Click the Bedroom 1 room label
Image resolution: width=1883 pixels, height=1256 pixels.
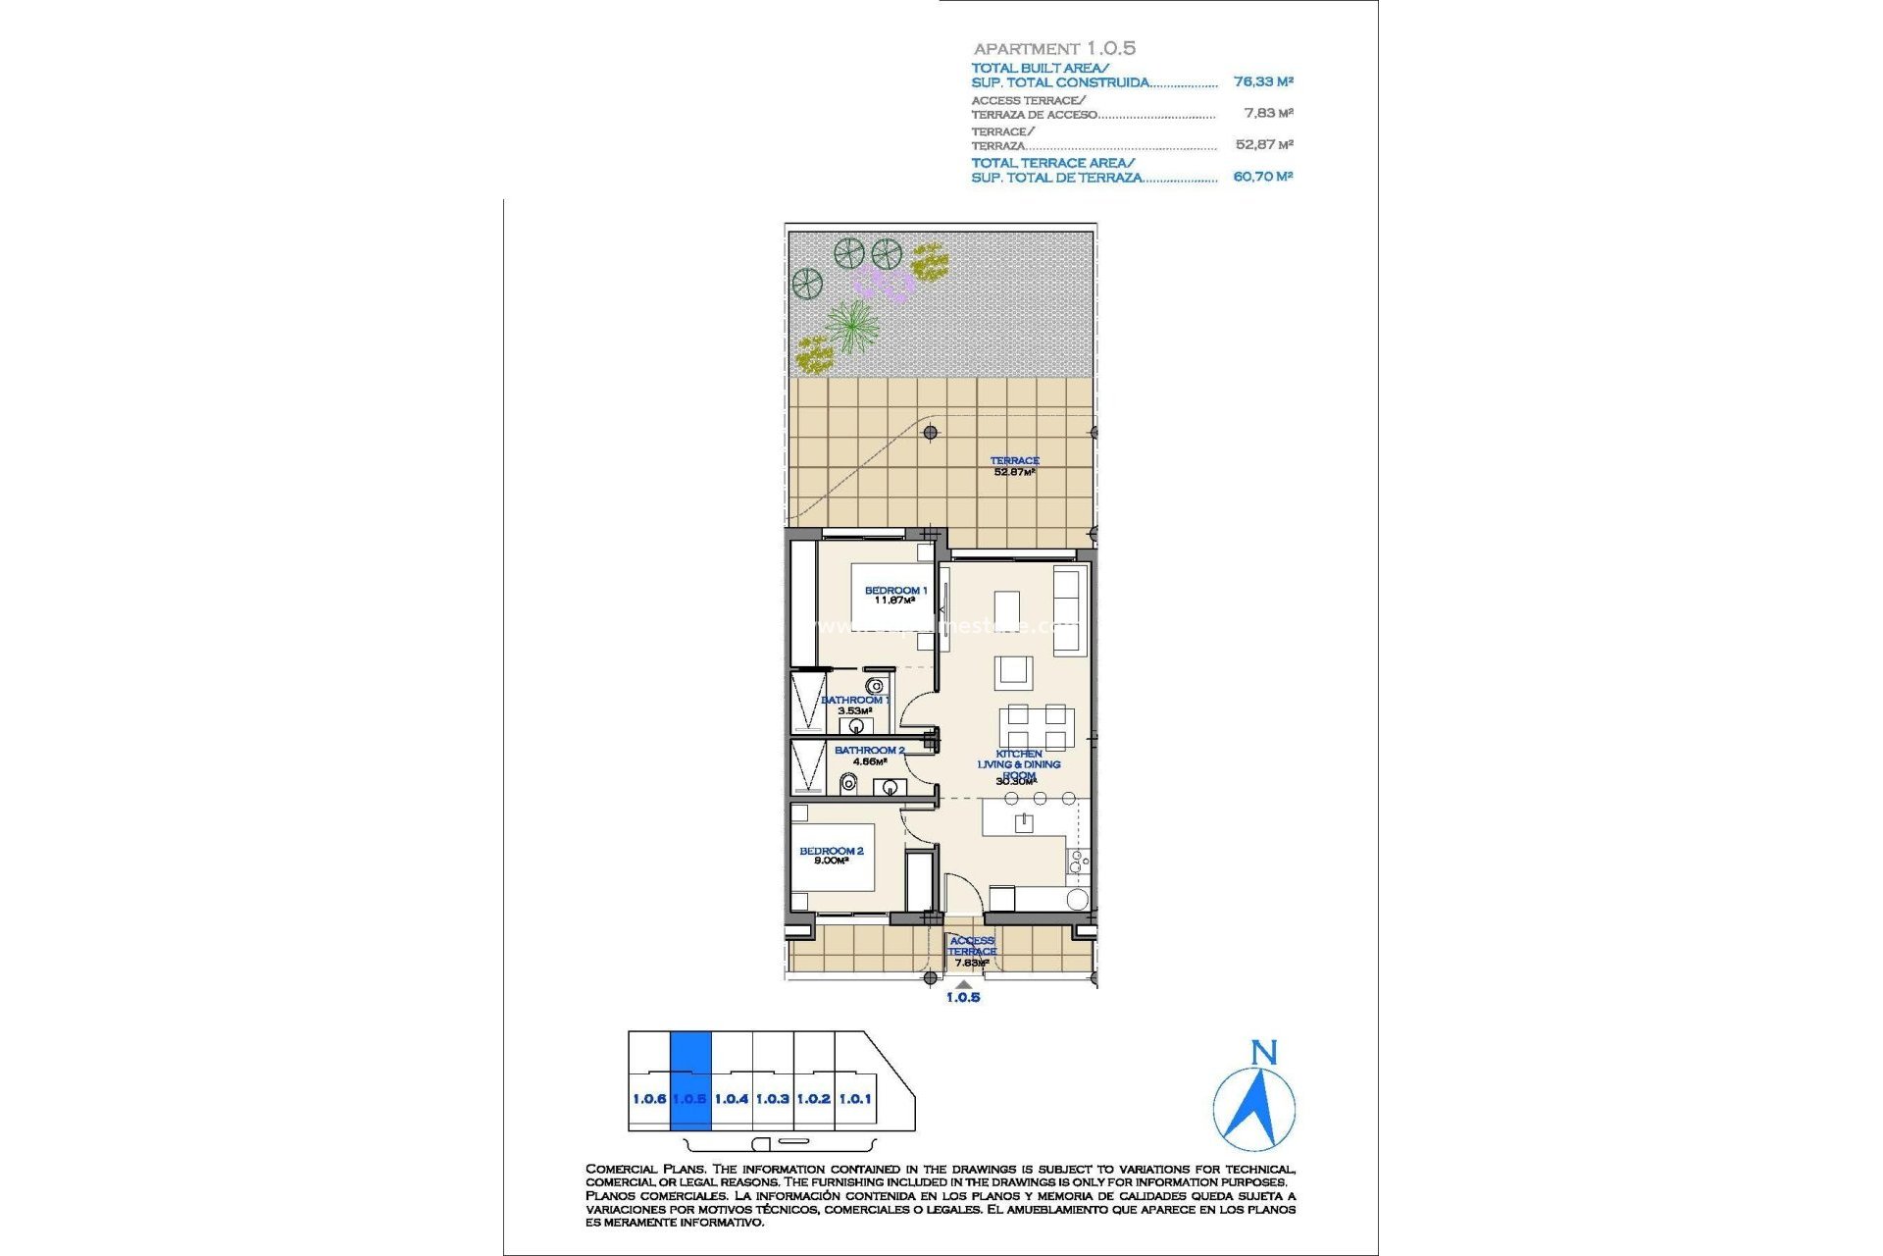[x=894, y=596]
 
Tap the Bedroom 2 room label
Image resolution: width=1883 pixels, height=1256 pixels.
[x=831, y=856]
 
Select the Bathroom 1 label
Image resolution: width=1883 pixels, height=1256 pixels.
[x=855, y=705]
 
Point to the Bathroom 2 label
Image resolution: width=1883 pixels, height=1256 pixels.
[x=869, y=755]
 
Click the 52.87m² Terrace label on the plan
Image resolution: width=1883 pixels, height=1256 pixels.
[x=1014, y=466]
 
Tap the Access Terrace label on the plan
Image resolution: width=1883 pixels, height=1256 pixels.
[x=971, y=951]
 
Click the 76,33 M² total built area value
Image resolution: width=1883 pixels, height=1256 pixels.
[x=1263, y=82]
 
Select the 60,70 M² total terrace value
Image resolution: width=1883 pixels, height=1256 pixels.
[x=1262, y=177]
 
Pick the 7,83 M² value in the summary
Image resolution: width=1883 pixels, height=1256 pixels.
[x=1268, y=114]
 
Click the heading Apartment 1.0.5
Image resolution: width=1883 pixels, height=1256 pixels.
[x=1054, y=48]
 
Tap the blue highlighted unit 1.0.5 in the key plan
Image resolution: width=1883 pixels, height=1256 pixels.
[x=689, y=1080]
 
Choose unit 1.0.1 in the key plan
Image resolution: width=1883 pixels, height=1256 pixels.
[x=855, y=1099]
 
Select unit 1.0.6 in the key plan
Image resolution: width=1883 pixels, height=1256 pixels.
[x=648, y=1099]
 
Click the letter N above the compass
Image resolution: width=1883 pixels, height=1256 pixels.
[x=1264, y=1054]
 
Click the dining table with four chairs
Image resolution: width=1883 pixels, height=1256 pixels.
[x=1037, y=728]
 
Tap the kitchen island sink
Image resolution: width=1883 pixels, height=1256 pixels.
[x=1023, y=822]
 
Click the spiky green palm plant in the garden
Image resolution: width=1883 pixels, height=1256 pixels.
[x=851, y=325]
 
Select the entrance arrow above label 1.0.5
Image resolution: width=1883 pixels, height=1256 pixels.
[x=963, y=984]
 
